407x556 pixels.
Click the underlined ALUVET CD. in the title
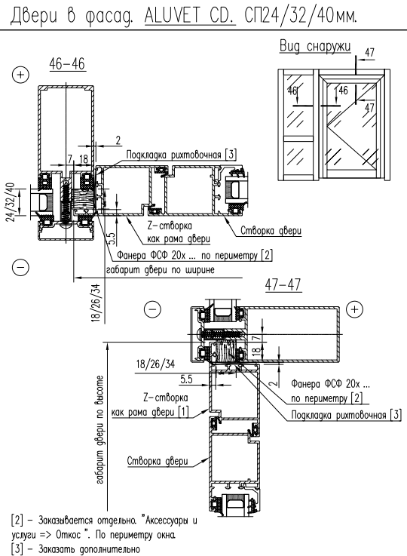pos(190,15)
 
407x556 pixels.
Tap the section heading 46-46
pos(67,64)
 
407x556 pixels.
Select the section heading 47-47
pos(283,284)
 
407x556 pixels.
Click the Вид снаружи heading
pos(315,47)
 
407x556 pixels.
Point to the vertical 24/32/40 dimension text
pos(11,202)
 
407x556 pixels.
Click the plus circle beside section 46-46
pos(20,75)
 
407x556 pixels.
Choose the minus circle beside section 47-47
pos(152,309)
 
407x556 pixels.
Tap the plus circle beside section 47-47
pos(354,309)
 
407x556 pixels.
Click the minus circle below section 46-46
pos(20,266)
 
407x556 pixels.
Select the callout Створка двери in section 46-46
pos(271,231)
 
